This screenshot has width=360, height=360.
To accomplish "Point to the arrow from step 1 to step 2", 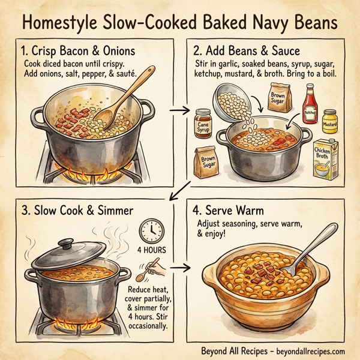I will pyautogui.click(x=178, y=110).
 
